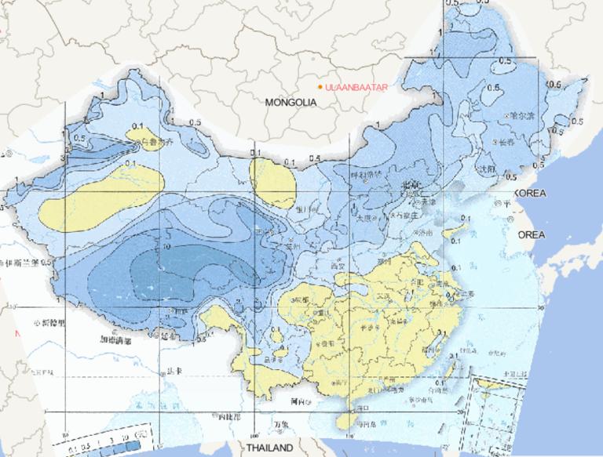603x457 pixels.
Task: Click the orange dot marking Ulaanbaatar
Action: coord(320,86)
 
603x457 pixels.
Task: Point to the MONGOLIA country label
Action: coord(291,103)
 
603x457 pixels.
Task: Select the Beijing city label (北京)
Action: coord(412,185)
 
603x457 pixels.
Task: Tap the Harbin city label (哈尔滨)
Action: coord(521,114)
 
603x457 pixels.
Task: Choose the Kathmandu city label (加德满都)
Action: coord(115,342)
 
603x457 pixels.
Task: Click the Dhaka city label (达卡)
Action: coord(170,373)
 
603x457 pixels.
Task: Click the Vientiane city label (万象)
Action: coord(280,426)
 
